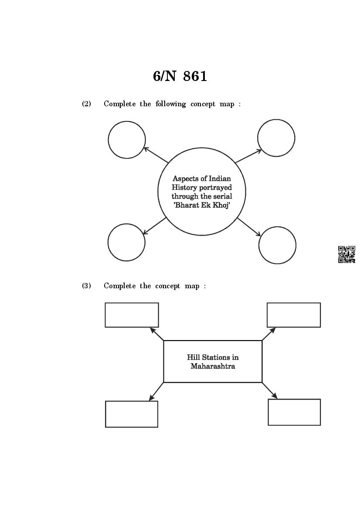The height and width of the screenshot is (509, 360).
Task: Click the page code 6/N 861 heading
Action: (180, 76)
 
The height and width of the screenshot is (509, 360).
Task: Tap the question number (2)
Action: (86, 104)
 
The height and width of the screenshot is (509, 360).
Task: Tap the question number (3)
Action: (86, 286)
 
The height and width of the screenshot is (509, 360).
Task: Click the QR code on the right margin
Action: (346, 254)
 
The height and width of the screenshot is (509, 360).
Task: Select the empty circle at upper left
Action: (127, 140)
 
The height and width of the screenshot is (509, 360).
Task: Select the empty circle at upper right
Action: (276, 138)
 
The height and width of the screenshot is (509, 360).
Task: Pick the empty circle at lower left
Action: (126, 243)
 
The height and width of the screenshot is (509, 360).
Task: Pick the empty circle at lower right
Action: (277, 245)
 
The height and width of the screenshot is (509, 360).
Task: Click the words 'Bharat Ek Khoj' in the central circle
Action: (202, 205)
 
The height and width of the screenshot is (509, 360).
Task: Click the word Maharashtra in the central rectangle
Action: (213, 366)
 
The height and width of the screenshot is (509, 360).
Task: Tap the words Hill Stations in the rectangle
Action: (213, 357)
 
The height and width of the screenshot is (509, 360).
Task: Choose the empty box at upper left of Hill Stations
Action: (132, 315)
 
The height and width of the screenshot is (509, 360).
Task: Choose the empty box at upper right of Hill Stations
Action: (294, 315)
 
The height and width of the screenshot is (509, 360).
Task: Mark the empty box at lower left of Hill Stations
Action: (132, 414)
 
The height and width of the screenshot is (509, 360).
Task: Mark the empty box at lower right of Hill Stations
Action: (294, 412)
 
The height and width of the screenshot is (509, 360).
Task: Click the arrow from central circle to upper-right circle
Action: (248, 156)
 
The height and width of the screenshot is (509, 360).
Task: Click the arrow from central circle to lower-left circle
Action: (155, 226)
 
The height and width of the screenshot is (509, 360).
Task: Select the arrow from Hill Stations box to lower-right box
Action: (269, 390)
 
